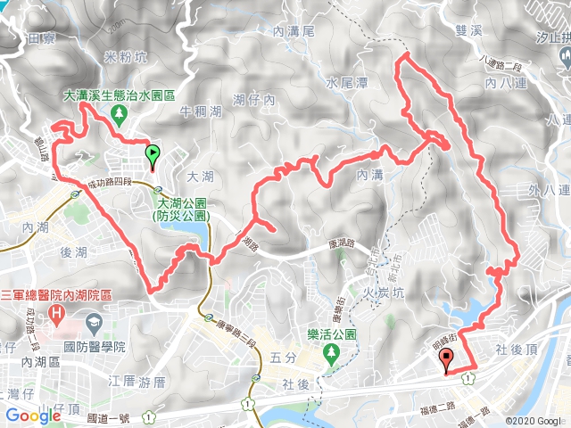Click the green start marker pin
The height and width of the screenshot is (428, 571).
(x=153, y=156)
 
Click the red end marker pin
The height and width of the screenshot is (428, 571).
(x=445, y=359)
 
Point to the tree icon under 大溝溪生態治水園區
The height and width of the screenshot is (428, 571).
(x=119, y=112)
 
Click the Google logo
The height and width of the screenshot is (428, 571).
(x=32, y=416)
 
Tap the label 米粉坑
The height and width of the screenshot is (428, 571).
(x=126, y=58)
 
